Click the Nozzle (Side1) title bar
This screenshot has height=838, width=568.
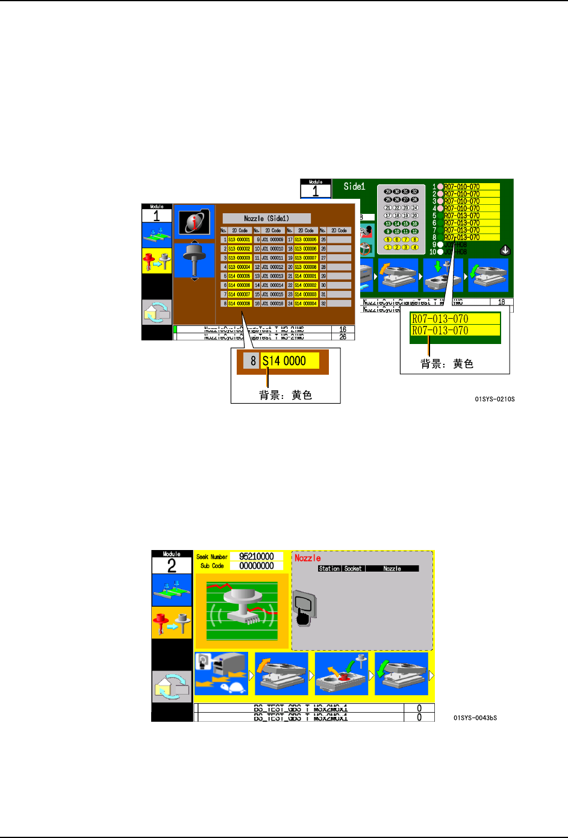coord(266,219)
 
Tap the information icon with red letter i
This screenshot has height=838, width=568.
coord(194,222)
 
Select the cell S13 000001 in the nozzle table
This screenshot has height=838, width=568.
coord(239,240)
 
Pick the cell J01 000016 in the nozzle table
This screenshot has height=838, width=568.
coord(272,304)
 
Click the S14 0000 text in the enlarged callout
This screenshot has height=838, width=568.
coord(284,361)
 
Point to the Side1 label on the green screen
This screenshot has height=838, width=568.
coord(354,187)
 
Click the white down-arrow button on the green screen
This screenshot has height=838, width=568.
coord(505,250)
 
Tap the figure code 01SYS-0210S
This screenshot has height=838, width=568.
coord(495,399)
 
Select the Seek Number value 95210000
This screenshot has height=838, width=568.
coord(257,557)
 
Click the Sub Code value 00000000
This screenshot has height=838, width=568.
coord(257,566)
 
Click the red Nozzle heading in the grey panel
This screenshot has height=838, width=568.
coord(307,558)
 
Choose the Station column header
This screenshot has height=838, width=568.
coord(329,569)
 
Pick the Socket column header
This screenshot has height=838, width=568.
coord(353,569)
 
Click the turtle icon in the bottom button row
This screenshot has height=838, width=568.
coord(231,687)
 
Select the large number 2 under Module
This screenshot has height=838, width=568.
coord(172,566)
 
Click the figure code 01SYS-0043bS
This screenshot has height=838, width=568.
coord(475,718)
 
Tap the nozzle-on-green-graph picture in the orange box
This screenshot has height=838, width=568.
coord(242,610)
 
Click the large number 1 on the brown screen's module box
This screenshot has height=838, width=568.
coord(157,216)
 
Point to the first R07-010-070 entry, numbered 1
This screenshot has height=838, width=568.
coord(462,187)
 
